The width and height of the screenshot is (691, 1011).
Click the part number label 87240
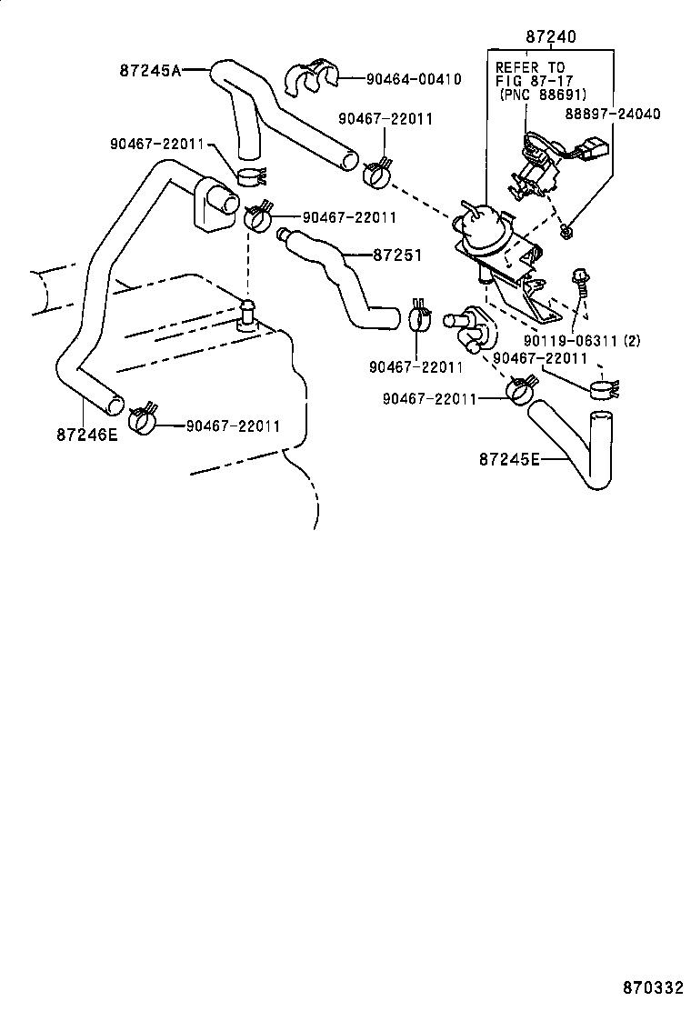tap(551, 37)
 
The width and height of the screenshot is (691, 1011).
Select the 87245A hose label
tap(151, 70)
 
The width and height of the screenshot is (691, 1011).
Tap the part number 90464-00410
tap(414, 79)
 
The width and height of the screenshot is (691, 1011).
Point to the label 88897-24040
tap(612, 114)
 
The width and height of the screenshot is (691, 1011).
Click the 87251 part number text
tap(397, 255)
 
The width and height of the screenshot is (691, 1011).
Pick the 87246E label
tap(87, 435)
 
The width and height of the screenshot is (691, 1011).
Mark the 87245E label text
tap(509, 459)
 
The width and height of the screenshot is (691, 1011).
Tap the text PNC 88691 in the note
tap(543, 95)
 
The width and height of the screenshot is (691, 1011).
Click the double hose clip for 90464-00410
tap(309, 80)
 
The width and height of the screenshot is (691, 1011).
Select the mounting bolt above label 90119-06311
tap(580, 283)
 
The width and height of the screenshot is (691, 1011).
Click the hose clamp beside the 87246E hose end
tap(143, 419)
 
